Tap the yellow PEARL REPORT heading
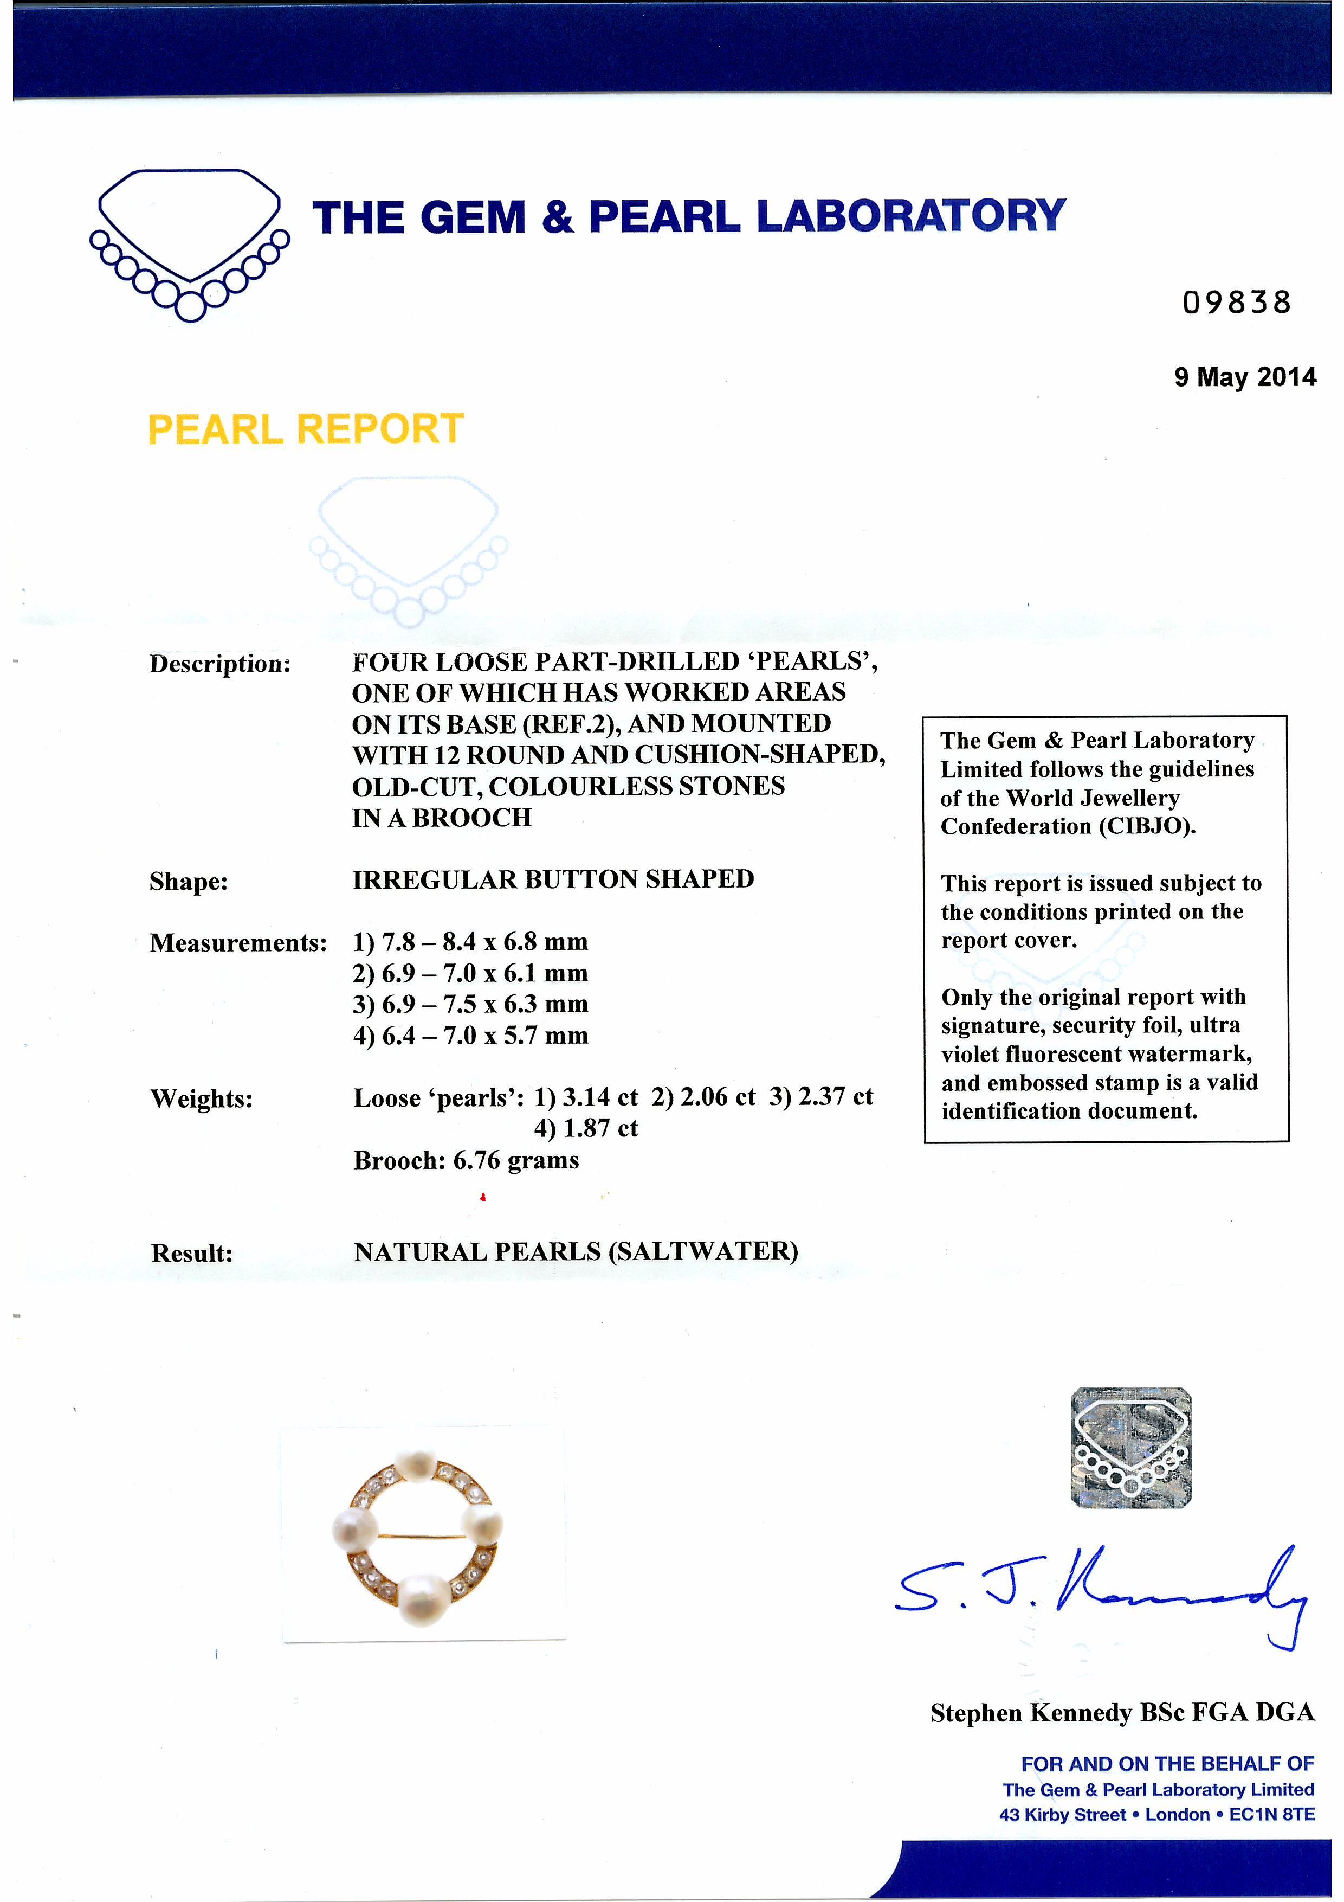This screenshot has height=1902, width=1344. point(306,429)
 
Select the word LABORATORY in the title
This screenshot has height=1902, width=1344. point(911,217)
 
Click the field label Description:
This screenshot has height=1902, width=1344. point(220,664)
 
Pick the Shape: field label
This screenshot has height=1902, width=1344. point(188,882)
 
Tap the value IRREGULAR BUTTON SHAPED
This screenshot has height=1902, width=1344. point(553,879)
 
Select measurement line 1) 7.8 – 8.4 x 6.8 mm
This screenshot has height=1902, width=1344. point(470,942)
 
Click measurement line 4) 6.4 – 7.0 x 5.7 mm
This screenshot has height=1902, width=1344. point(470,1036)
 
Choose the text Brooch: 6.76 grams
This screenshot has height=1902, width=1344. point(466,1160)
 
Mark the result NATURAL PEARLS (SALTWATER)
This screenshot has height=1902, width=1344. point(576,1251)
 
